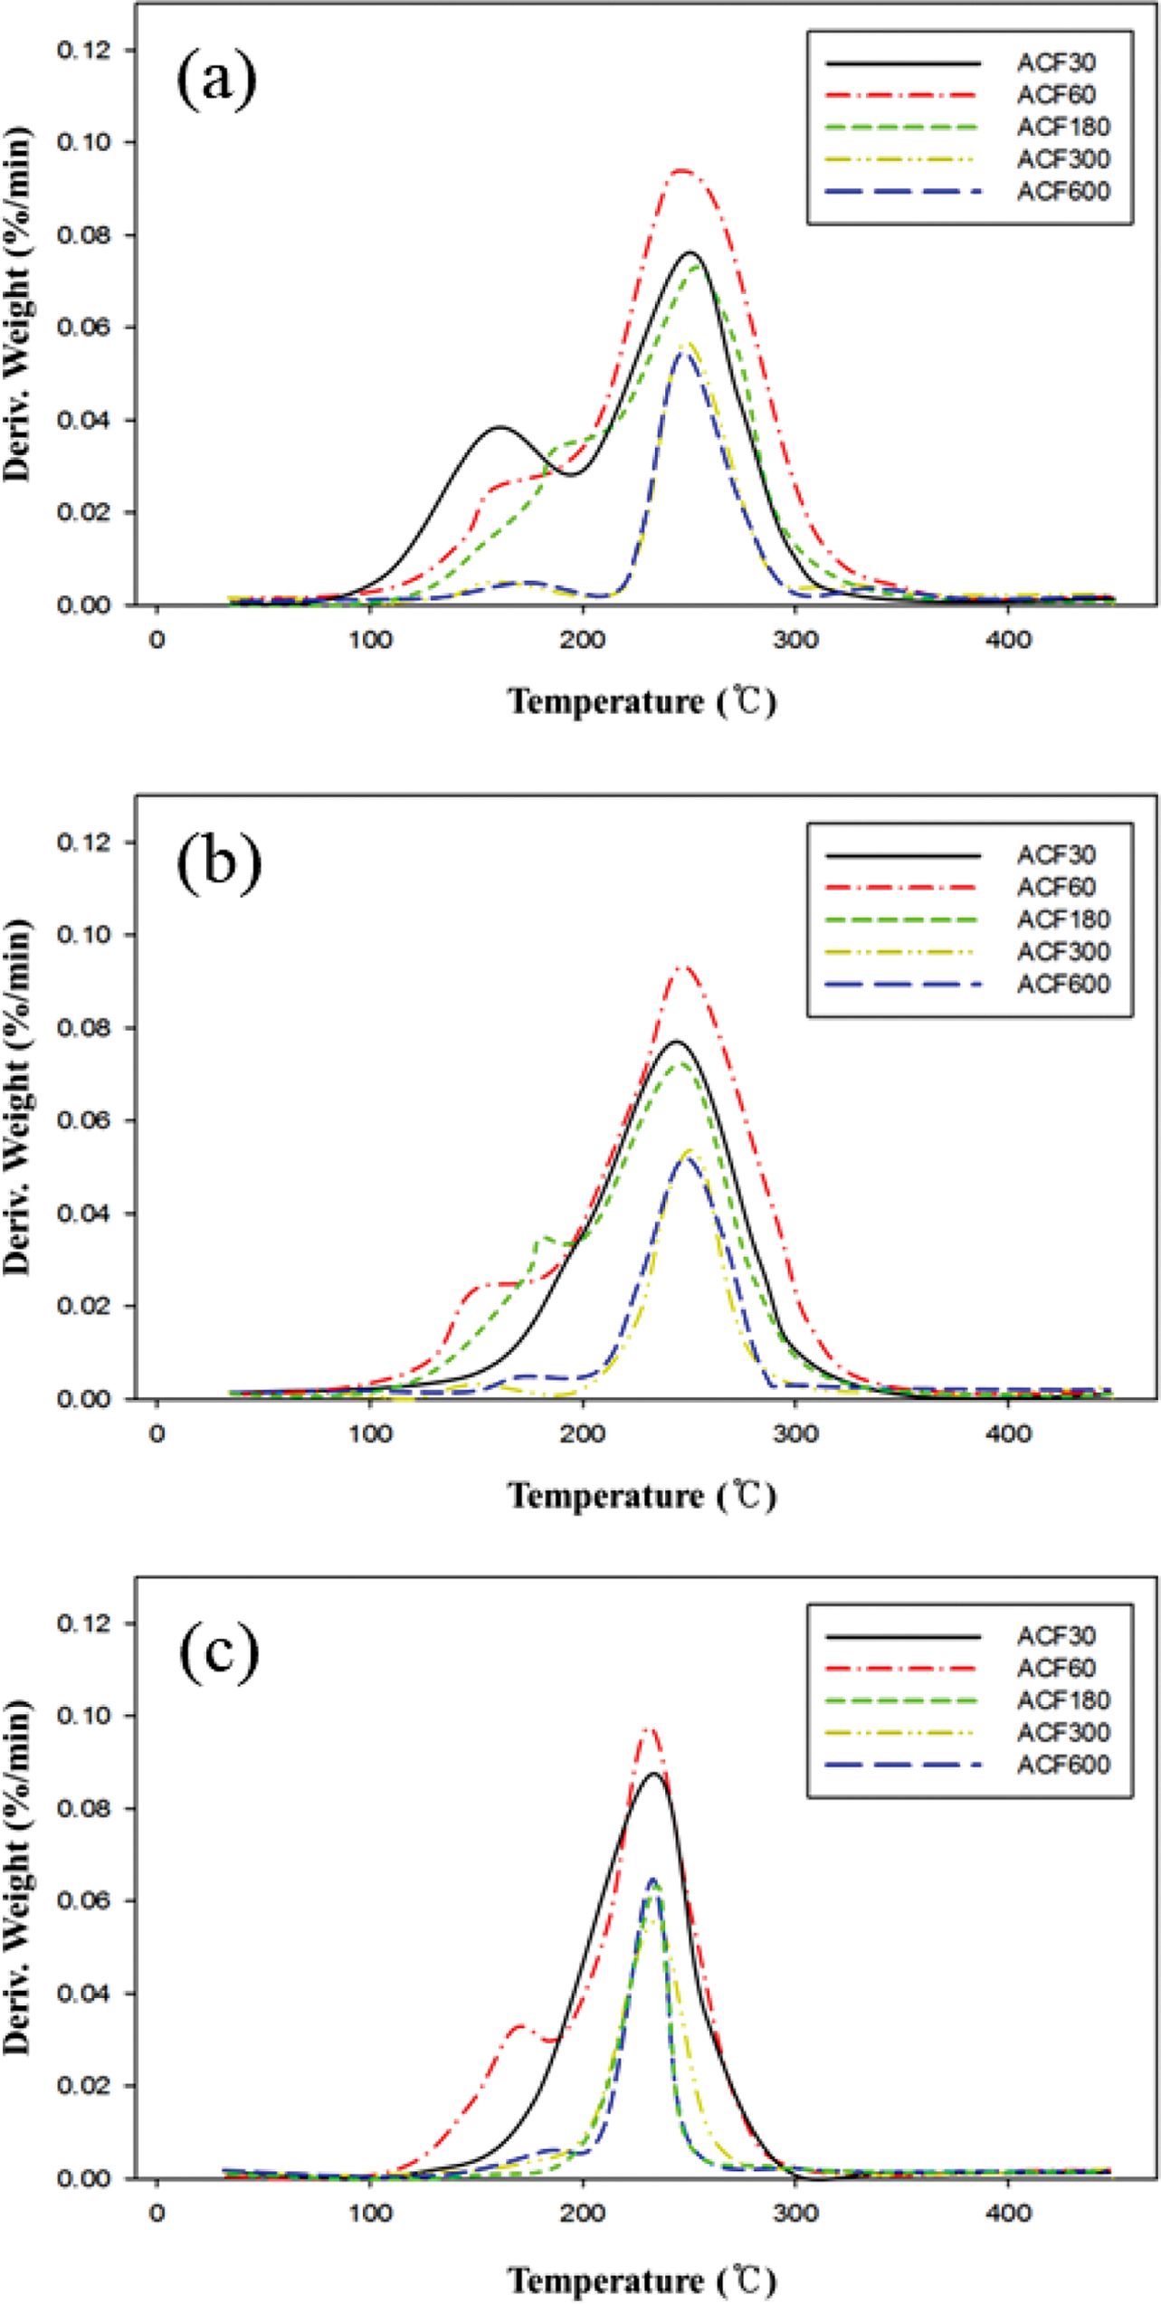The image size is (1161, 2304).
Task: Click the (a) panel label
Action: click(x=216, y=80)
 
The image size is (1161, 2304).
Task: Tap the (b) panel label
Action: click(x=218, y=862)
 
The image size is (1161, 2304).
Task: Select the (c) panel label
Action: click(x=218, y=1652)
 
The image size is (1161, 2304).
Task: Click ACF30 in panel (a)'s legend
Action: click(x=1056, y=62)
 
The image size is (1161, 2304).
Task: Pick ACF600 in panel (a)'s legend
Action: click(x=1063, y=192)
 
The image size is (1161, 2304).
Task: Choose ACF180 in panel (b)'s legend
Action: click(x=1063, y=919)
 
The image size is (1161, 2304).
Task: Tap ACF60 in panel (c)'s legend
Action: click(x=1056, y=1668)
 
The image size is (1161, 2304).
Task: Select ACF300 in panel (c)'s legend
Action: click(x=1063, y=1733)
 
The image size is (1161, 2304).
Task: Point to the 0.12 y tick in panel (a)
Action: click(x=83, y=50)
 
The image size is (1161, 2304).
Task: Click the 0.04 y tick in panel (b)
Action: click(x=83, y=1214)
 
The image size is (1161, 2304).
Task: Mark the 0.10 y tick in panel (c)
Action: click(x=83, y=1717)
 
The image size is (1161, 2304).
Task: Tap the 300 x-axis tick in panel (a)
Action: click(x=795, y=641)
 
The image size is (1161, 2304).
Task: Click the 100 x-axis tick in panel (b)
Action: click(x=370, y=1434)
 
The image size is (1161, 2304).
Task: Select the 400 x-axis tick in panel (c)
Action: click(x=1008, y=2214)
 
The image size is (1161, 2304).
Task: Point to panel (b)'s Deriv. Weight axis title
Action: click(x=18, y=1097)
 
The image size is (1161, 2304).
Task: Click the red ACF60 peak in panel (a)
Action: click(x=682, y=170)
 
